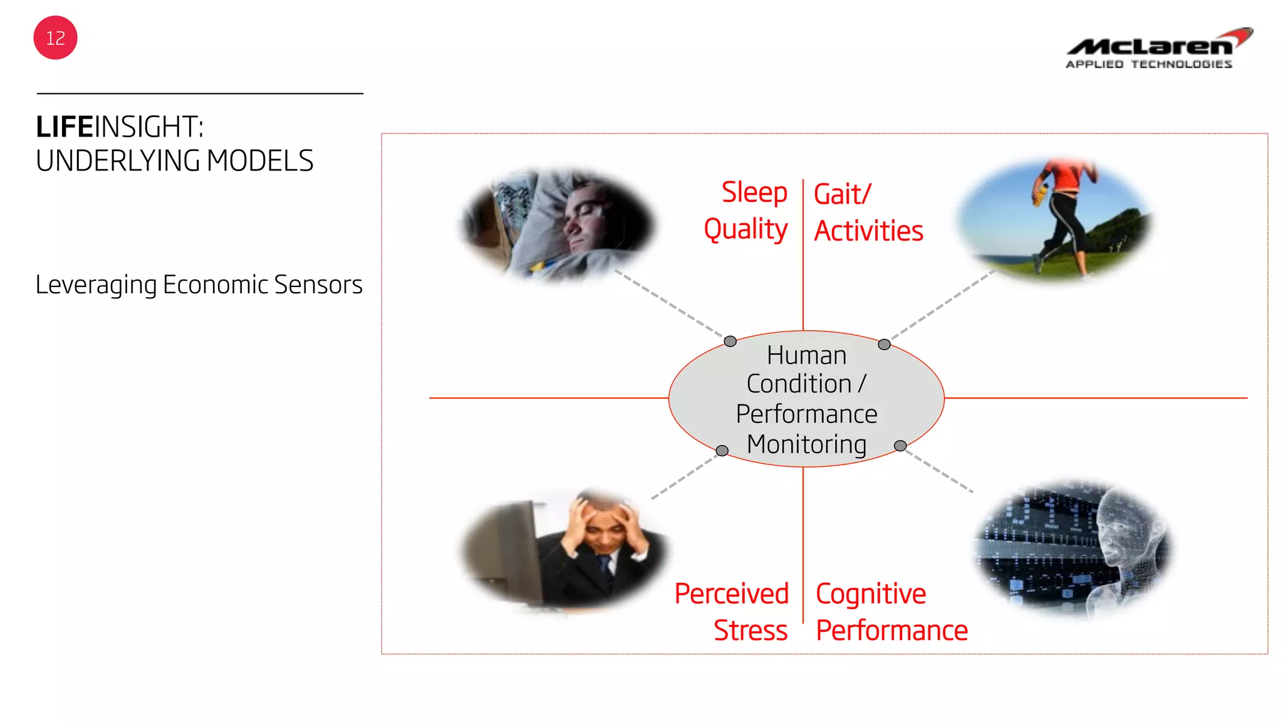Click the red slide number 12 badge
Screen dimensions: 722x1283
click(x=55, y=38)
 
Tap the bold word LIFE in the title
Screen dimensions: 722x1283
click(x=65, y=127)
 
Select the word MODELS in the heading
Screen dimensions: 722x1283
click(x=260, y=161)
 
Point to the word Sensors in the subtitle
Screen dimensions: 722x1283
click(x=318, y=285)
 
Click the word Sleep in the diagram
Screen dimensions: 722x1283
click(x=754, y=192)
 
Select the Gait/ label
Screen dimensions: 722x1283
click(x=842, y=194)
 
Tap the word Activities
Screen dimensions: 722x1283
click(x=868, y=231)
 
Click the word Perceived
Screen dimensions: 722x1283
click(x=731, y=594)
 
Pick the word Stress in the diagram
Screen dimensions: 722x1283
click(x=751, y=630)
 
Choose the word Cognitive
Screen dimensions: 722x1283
click(x=870, y=594)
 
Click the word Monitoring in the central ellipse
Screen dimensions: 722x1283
click(x=807, y=444)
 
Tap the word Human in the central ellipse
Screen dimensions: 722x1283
click(x=807, y=355)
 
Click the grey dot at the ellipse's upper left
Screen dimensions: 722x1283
click(x=730, y=342)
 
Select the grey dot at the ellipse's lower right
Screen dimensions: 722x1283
click(x=900, y=446)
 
